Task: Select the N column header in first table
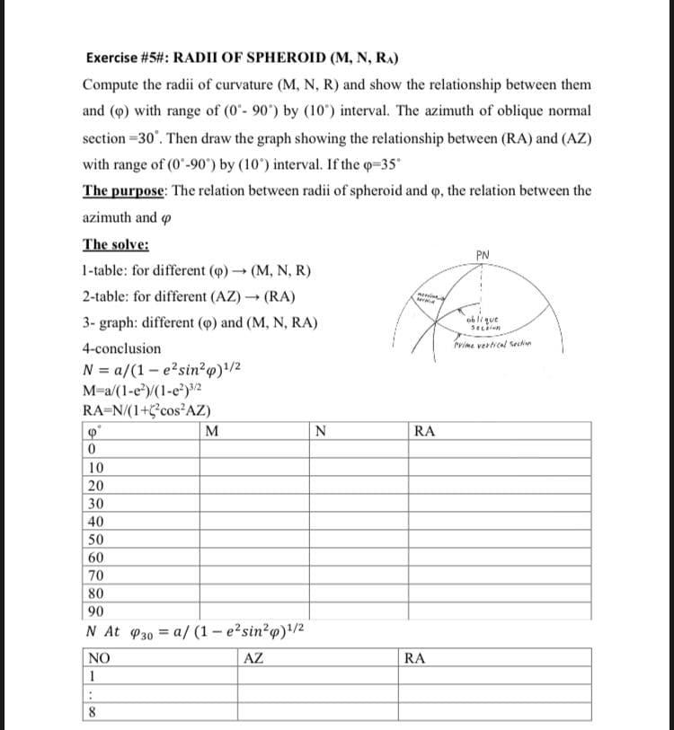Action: pos(321,430)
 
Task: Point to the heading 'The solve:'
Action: pos(116,244)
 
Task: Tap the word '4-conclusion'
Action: pos(122,348)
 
